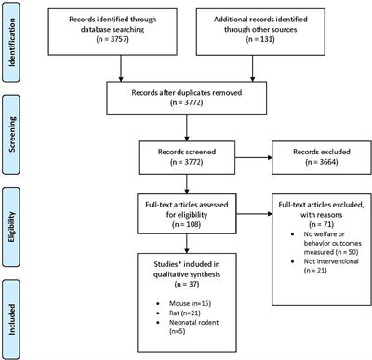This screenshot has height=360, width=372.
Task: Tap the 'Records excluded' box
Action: (312, 158)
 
